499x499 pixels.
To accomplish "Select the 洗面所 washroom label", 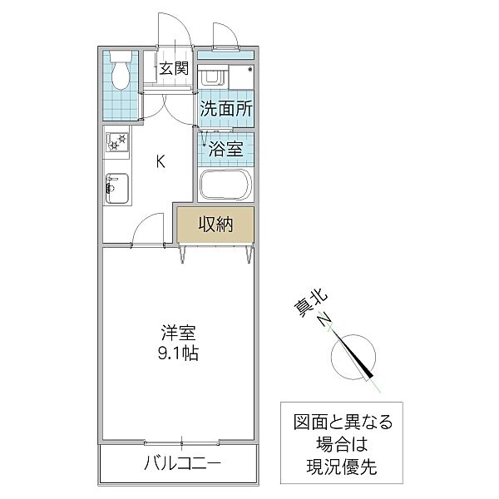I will point(225,108).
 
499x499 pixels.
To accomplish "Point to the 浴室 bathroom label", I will point(225,151).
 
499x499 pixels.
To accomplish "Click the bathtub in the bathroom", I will point(225,184).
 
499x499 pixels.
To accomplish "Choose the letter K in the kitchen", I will point(161,161).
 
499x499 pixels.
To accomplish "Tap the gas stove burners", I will point(116,143).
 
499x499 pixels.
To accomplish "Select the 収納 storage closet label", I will point(215,223).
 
